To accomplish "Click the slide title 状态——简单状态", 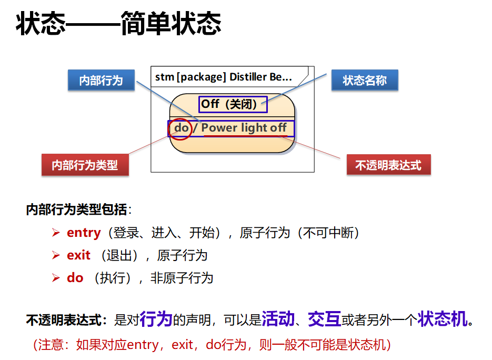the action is click(x=118, y=25).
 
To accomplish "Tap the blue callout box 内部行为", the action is click(x=101, y=81).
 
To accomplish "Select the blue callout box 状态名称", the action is click(x=364, y=81).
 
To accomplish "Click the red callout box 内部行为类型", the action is click(x=85, y=165).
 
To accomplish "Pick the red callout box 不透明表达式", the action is click(x=388, y=165).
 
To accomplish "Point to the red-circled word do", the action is click(x=180, y=128).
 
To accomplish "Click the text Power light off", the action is click(x=244, y=128).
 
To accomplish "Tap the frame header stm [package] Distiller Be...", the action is click(x=223, y=77).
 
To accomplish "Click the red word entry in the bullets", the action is click(x=84, y=233).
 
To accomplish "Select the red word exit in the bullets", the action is click(x=78, y=255).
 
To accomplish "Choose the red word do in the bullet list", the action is click(x=75, y=278).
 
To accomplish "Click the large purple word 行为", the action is click(x=156, y=318).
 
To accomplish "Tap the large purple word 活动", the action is click(x=277, y=318).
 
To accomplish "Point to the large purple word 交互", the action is click(x=324, y=318).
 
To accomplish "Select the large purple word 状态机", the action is click(x=442, y=318).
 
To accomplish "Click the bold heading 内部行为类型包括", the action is click(x=76, y=210).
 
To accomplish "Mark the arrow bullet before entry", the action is click(x=56, y=233).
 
